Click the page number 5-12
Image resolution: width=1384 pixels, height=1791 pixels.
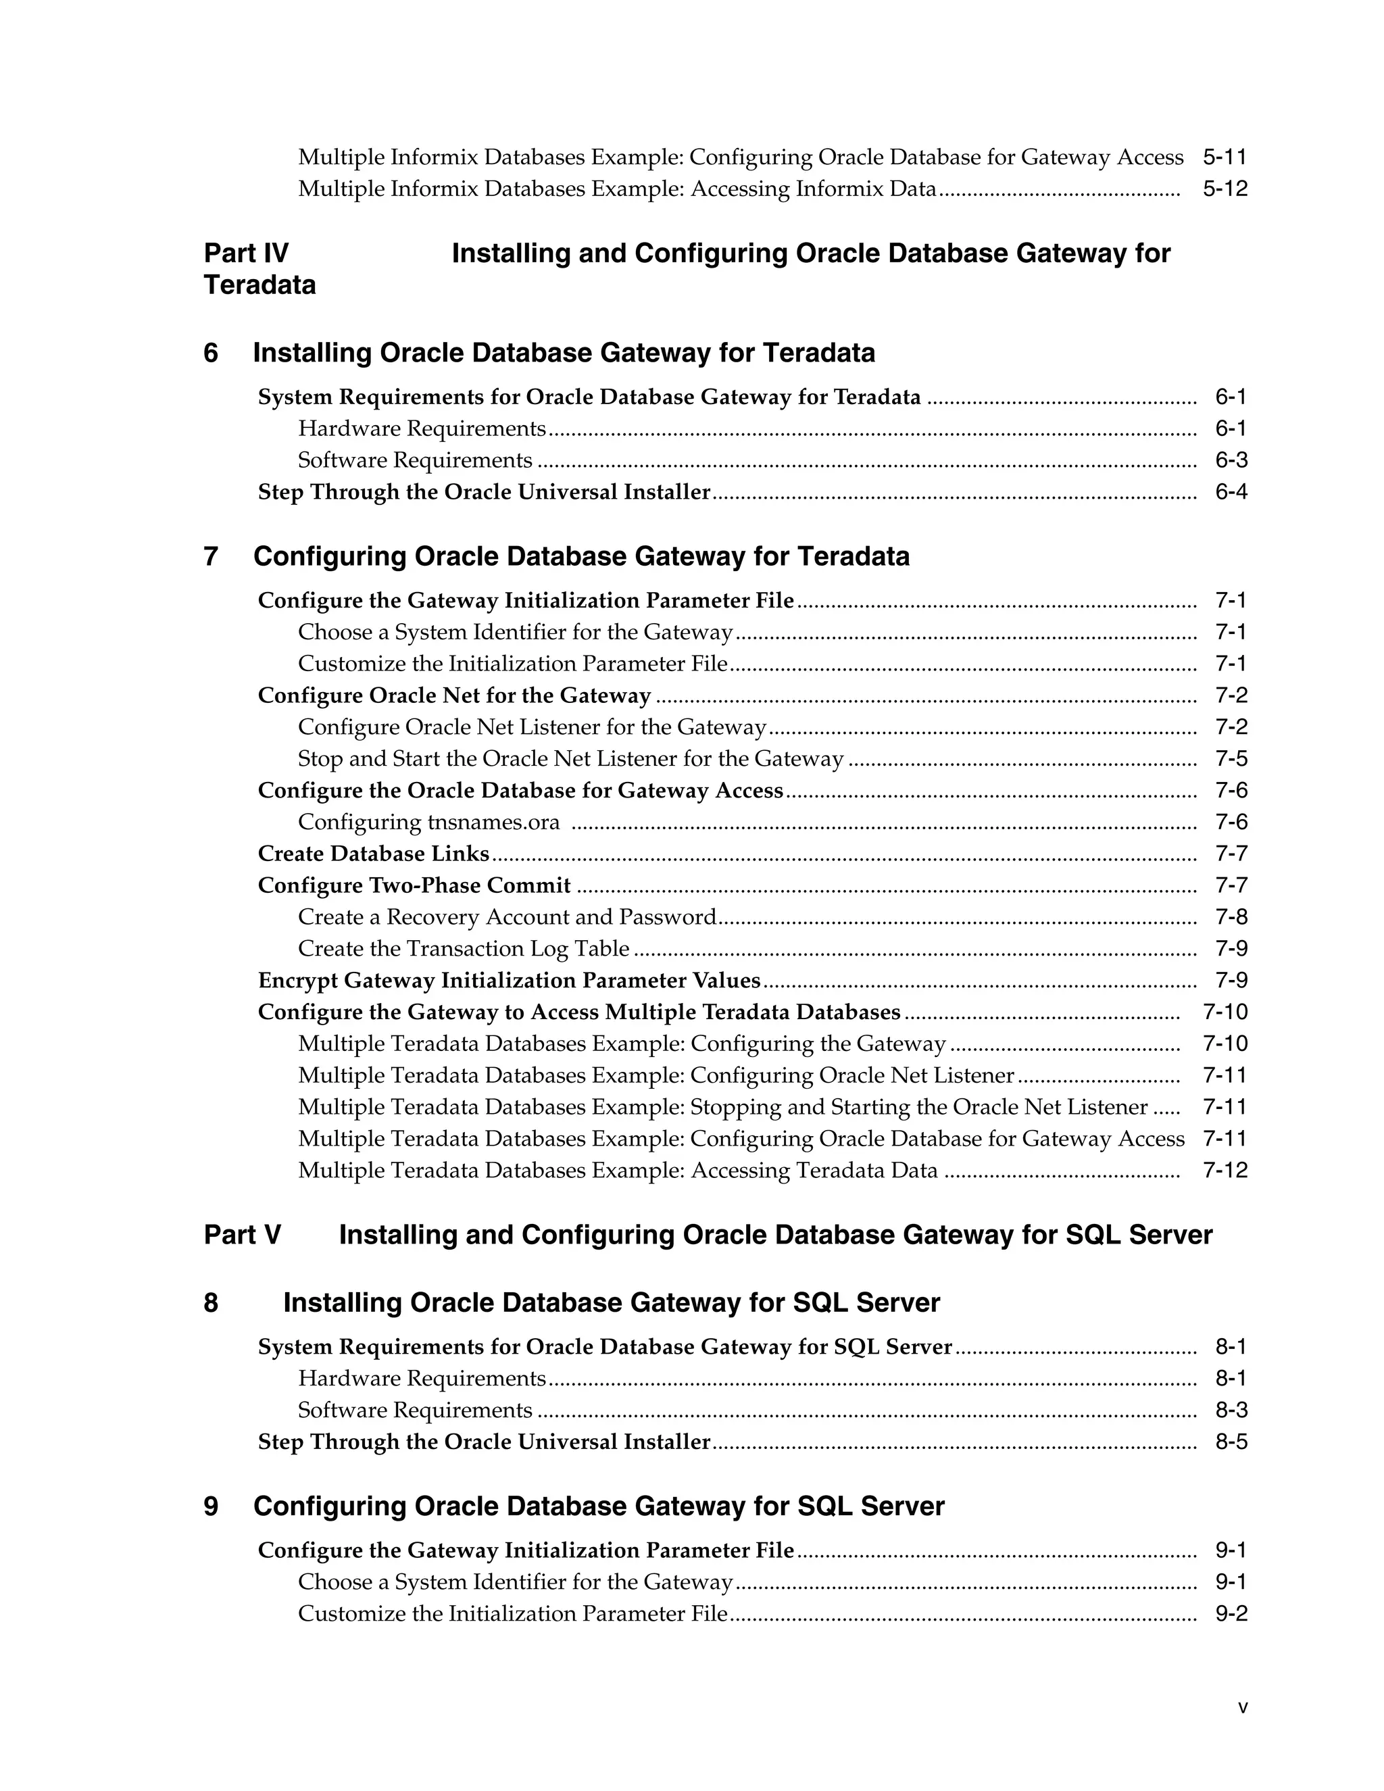tap(1224, 189)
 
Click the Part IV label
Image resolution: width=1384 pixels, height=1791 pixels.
tap(246, 253)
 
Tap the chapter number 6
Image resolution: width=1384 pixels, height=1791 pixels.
tap(211, 353)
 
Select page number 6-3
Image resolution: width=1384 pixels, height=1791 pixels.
tap(1231, 460)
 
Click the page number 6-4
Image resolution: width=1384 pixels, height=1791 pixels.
tap(1231, 492)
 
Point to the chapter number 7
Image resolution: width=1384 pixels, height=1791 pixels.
tap(211, 557)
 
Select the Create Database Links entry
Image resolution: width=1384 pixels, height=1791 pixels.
tap(373, 854)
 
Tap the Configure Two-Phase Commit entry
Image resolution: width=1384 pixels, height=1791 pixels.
tap(414, 885)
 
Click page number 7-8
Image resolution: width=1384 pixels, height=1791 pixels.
tap(1231, 917)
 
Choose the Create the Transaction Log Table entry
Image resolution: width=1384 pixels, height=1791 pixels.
tap(463, 949)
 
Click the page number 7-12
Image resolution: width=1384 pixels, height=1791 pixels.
tap(1224, 1170)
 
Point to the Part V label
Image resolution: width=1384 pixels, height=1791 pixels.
tap(243, 1235)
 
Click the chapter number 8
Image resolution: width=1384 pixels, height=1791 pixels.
tap(211, 1303)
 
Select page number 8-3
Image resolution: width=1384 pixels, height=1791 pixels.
tap(1231, 1410)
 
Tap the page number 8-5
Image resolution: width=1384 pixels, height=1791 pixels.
tap(1231, 1442)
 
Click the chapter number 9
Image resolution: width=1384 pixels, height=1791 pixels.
tap(211, 1506)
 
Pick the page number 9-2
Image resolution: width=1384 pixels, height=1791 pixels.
tap(1231, 1614)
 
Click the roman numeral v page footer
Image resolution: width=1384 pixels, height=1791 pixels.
tap(1243, 1707)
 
